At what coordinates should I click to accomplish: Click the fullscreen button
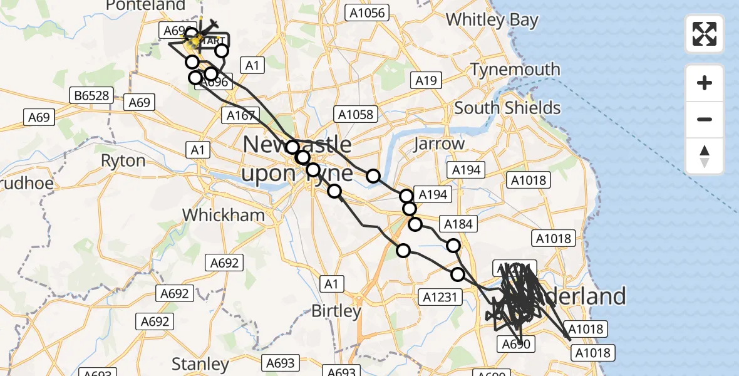(705, 34)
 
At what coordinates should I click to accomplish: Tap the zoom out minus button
(705, 119)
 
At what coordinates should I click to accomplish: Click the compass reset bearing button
(705, 156)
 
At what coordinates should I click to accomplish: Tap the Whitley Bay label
(492, 19)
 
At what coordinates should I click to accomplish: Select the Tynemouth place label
(515, 69)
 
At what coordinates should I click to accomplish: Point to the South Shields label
(507, 108)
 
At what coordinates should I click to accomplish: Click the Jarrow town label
(439, 144)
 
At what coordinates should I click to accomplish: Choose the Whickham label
(224, 215)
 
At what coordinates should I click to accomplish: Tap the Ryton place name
(123, 160)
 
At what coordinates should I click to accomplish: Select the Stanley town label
(200, 363)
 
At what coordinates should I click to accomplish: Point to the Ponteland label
(145, 6)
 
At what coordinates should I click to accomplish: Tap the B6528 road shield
(91, 95)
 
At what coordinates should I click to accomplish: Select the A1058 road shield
(356, 114)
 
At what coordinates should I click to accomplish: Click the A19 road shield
(426, 80)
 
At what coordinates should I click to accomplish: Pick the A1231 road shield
(442, 296)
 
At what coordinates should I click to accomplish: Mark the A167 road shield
(240, 115)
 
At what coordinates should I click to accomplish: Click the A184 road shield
(459, 223)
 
